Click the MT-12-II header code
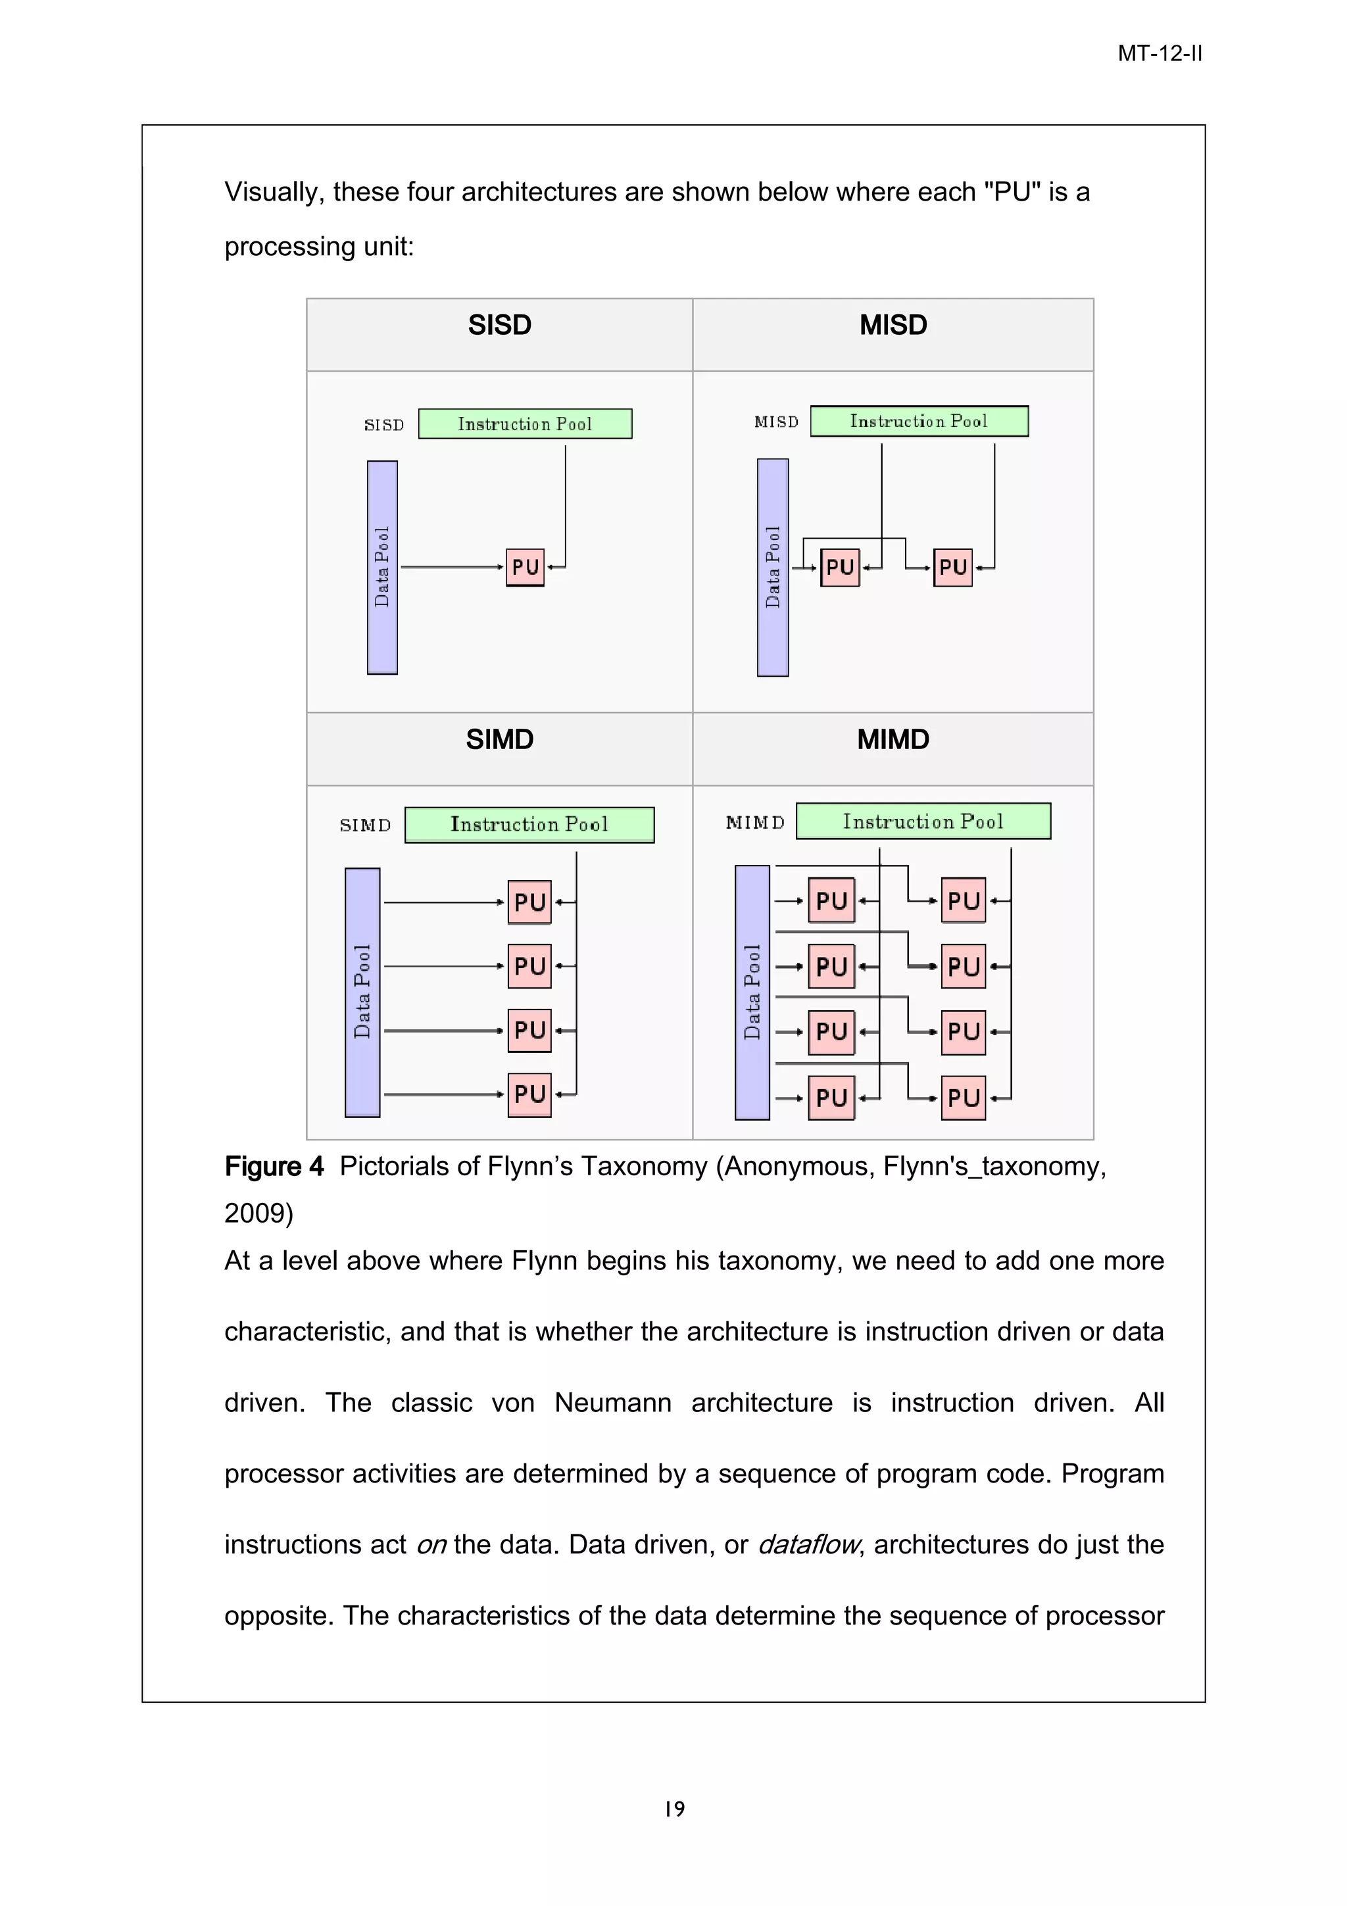coord(1159,54)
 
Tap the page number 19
coord(674,1808)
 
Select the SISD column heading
coord(499,325)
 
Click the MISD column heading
coord(893,325)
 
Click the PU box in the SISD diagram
coord(524,567)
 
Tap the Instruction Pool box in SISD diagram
coord(524,424)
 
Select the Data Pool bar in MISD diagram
coord(772,567)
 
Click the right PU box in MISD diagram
coord(952,567)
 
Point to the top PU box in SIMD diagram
coord(529,902)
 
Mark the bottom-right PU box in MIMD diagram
coord(963,1098)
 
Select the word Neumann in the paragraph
coord(612,1402)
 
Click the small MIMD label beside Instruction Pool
coord(754,823)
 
